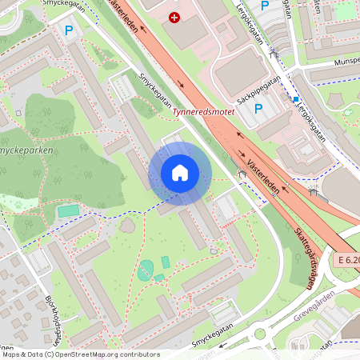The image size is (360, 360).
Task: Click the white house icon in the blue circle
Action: click(x=180, y=173)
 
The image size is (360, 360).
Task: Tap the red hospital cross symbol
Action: click(x=174, y=17)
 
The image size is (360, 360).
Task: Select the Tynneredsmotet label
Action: click(x=204, y=113)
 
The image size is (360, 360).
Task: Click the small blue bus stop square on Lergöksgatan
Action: click(x=296, y=100)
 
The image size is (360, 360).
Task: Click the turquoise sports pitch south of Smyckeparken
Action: click(x=68, y=211)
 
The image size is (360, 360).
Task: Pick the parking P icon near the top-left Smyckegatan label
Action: click(x=69, y=30)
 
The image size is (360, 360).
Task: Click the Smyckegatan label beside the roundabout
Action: click(x=216, y=342)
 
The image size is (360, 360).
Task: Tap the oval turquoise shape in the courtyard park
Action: click(x=145, y=272)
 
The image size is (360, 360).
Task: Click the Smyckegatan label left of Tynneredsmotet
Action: click(x=157, y=91)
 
